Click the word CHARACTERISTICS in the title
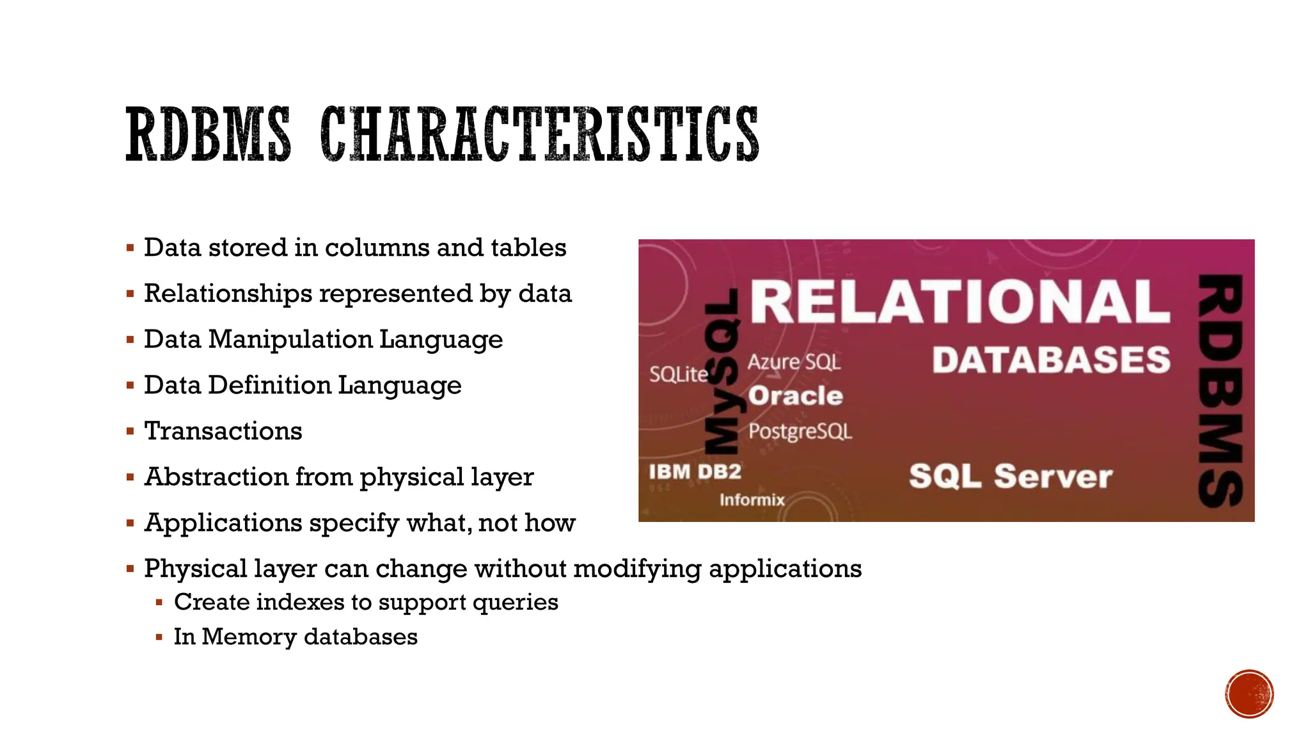click(x=539, y=134)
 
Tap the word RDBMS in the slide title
click(x=208, y=134)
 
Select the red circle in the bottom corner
click(x=1249, y=694)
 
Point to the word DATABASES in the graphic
click(x=1051, y=360)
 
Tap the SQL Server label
click(x=1011, y=477)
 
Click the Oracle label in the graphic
click(x=796, y=396)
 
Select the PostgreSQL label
click(x=800, y=431)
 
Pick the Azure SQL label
click(x=794, y=362)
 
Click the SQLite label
click(x=679, y=374)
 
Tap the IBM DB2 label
click(x=695, y=472)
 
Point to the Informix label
click(x=752, y=500)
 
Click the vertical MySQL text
click(x=722, y=377)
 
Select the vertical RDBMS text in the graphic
click(x=1220, y=390)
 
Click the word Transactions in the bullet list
click(x=223, y=431)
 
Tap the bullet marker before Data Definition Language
click(x=130, y=386)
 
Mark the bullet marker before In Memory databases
click(x=159, y=637)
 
